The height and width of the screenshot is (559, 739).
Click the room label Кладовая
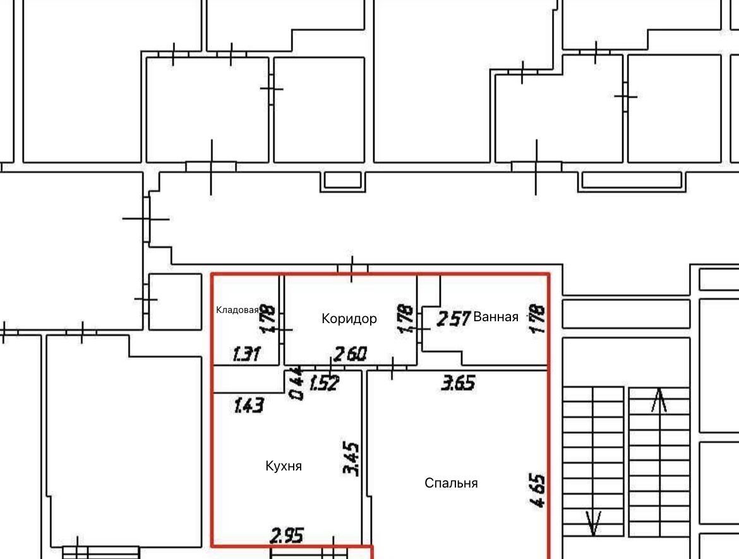237,310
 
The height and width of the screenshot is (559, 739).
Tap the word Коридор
349,319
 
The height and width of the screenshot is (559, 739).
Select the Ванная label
496,317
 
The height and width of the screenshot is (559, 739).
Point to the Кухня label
284,466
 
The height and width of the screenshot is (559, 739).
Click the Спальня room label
451,483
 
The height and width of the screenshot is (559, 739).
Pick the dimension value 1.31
246,353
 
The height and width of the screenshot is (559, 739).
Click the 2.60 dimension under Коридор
350,353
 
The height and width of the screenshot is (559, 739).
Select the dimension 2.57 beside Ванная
454,319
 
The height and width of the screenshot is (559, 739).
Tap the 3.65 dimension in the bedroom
458,383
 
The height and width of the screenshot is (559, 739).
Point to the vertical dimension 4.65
538,491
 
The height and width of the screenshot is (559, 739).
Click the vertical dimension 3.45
351,458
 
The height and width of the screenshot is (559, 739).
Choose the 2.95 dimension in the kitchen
287,536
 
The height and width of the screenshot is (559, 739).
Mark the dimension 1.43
249,405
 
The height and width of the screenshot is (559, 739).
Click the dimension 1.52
324,383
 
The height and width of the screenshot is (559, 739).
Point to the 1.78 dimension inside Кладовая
267,319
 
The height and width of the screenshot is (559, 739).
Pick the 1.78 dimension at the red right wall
538,319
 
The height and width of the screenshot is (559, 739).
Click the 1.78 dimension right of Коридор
406,319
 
